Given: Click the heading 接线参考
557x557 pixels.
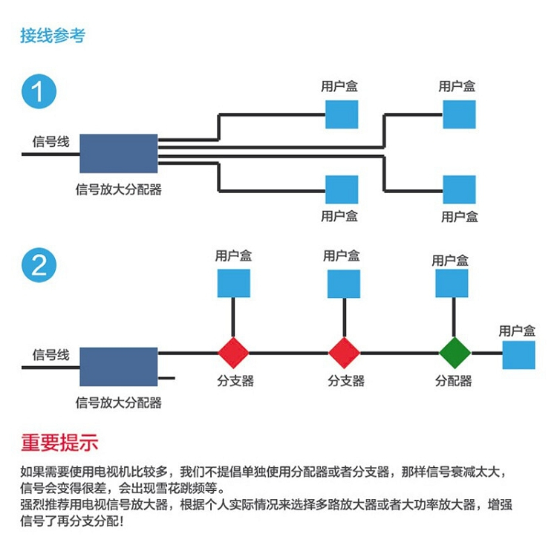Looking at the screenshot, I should [x=53, y=35].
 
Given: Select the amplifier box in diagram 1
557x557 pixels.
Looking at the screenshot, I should [x=119, y=154].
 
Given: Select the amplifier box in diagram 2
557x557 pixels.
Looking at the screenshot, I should [x=119, y=366].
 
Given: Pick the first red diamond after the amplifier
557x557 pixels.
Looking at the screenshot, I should [x=233, y=353].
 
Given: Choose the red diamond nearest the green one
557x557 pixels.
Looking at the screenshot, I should [x=344, y=353].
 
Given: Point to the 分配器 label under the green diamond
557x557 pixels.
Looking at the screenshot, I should [x=453, y=381].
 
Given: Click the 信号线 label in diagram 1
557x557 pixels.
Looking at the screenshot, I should [x=51, y=141].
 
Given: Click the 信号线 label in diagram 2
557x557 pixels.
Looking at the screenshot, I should [x=51, y=354].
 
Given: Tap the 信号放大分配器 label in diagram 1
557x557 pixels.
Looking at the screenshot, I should [x=119, y=189].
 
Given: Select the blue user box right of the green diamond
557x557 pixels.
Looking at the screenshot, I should [x=518, y=354].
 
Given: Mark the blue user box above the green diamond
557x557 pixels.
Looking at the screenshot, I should [x=452, y=284].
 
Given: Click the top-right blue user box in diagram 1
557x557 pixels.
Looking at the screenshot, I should [x=459, y=114].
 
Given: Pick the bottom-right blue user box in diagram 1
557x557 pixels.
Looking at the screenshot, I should [x=459, y=189].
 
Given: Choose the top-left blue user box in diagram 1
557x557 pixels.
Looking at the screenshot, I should [x=342, y=114].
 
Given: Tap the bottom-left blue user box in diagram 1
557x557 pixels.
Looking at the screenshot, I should [x=342, y=189].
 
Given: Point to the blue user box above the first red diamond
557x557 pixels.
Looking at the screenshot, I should [x=233, y=283].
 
